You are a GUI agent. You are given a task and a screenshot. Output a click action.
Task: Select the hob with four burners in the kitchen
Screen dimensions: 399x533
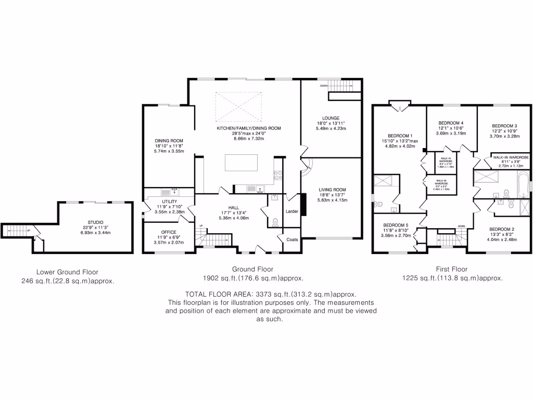pyautogui.click(x=277, y=176)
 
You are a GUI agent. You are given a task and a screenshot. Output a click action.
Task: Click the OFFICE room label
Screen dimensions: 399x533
pyautogui.click(x=169, y=232)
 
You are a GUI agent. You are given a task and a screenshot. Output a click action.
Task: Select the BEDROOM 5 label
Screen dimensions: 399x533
pyautogui.click(x=397, y=224)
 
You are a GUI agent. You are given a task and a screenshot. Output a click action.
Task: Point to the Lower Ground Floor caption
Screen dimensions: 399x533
pyautogui.click(x=67, y=272)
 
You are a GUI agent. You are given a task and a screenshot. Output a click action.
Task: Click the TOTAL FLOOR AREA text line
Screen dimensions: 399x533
pyautogui.click(x=270, y=294)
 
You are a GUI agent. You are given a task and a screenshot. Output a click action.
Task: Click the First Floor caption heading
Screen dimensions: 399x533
pyautogui.click(x=451, y=269)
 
